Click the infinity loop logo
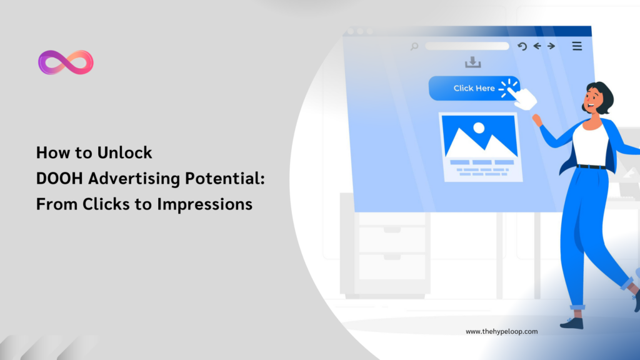(66, 62)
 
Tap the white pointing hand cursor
(524, 97)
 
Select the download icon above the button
(473, 62)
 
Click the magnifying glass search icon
(414, 46)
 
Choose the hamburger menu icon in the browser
(577, 46)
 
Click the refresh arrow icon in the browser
(522, 46)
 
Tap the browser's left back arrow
(537, 46)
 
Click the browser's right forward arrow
(551, 46)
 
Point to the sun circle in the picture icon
(479, 127)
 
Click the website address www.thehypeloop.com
(501, 332)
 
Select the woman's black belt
(591, 167)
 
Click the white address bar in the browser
(467, 46)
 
